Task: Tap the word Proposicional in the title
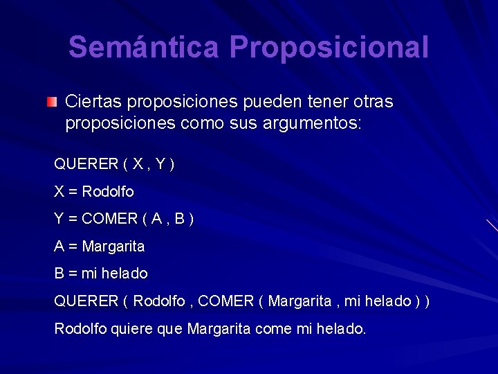329,48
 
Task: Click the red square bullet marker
53,103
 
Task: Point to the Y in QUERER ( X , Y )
160,164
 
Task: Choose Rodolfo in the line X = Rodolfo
108,191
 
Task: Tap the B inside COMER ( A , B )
179,219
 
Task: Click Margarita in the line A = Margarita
113,246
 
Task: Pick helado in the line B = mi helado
125,274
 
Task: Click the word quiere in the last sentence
133,328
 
